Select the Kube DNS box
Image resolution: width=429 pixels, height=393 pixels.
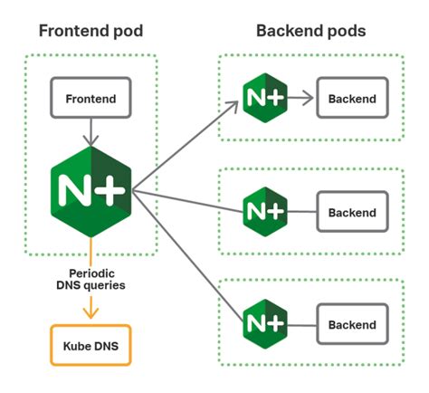point(89,346)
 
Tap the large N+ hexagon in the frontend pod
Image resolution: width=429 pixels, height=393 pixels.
point(91,187)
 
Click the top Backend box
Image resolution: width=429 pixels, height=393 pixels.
point(352,97)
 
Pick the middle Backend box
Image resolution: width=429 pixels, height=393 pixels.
point(352,213)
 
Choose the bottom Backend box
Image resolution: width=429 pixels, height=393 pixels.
point(352,324)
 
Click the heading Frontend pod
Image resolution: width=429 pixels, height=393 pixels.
point(91,32)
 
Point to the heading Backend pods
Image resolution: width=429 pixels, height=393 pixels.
point(311,32)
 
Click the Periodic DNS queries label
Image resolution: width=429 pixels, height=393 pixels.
point(90,278)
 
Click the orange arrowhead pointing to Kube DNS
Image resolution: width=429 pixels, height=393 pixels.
point(90,313)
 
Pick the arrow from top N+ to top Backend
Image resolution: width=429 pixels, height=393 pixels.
point(301,97)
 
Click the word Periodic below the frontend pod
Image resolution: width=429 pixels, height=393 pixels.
point(90,272)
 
